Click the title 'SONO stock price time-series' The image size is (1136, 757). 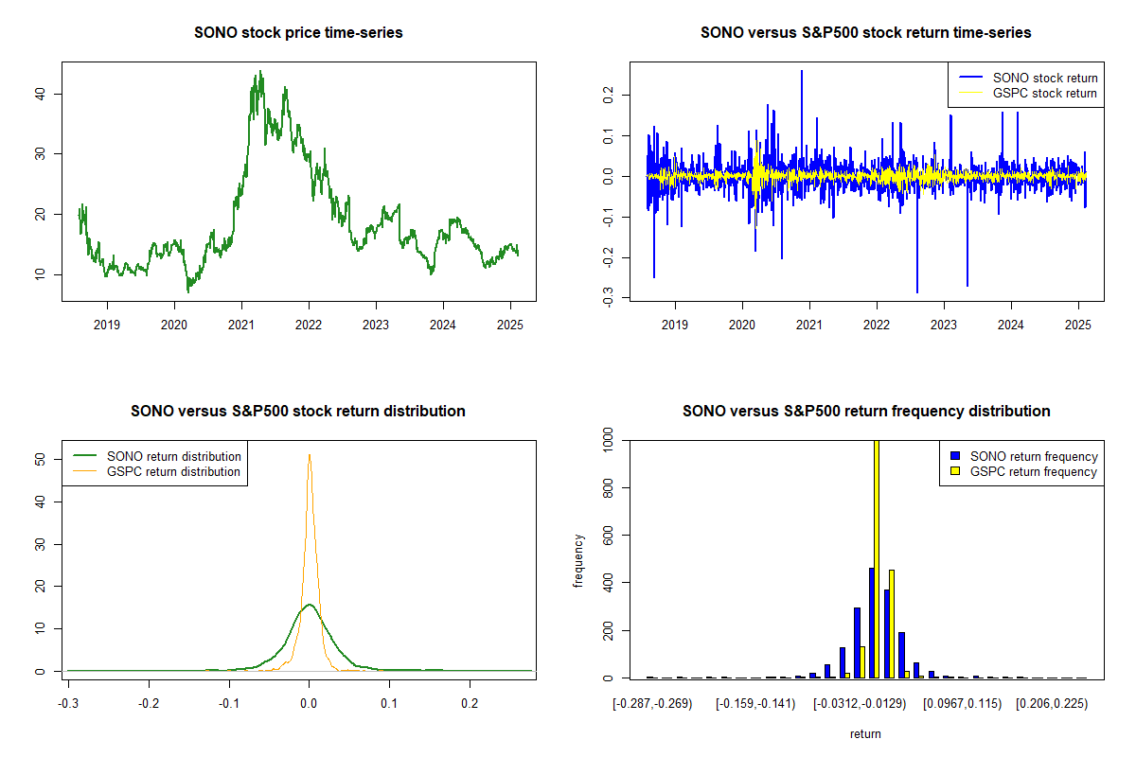point(298,32)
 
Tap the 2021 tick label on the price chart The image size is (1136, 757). point(241,325)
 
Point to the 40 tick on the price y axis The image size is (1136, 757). point(40,94)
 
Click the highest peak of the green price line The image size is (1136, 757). point(260,72)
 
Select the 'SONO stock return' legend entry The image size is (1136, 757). point(1028,79)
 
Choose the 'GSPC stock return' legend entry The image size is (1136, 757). point(1028,94)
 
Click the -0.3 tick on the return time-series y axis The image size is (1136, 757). point(608,296)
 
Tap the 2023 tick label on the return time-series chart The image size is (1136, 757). point(944,325)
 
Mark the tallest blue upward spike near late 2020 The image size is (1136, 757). point(802,72)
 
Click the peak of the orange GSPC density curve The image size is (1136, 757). point(310,455)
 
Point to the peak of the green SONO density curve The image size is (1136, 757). point(310,605)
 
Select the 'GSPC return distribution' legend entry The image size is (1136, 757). point(157,471)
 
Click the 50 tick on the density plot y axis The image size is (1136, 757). point(40,459)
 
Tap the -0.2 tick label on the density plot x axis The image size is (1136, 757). point(149,704)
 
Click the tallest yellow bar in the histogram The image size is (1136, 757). point(877,558)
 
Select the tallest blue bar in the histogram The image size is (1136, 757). point(872,624)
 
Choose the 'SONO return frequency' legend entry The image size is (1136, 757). point(1024,456)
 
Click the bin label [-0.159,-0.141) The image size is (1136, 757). point(755,704)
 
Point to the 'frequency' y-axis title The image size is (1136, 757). point(578,560)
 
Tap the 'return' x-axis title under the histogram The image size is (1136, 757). point(865,733)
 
